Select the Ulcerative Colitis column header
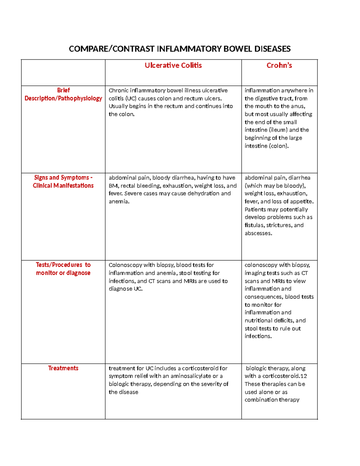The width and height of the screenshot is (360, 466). click(173, 65)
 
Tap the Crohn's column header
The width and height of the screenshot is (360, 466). click(279, 65)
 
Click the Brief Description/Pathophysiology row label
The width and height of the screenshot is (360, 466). click(63, 94)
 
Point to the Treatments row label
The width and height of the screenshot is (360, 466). click(63, 368)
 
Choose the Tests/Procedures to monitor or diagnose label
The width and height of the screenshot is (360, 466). click(63, 269)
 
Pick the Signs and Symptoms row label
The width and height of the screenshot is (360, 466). click(63, 182)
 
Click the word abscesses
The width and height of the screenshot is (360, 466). click(258, 233)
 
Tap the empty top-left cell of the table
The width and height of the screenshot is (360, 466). click(63, 73)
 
